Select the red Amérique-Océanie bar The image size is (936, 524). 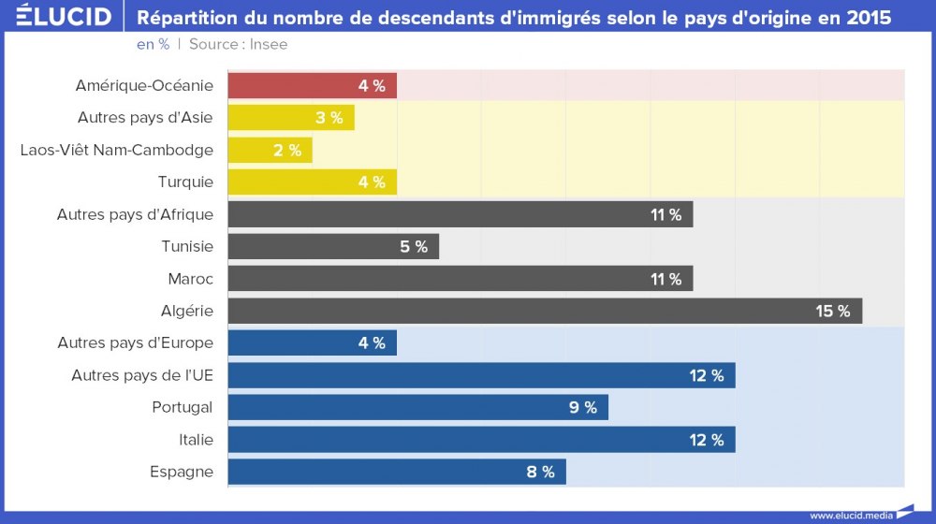(x=312, y=86)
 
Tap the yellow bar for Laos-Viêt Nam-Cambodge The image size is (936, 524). (x=270, y=150)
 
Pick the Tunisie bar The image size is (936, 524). (x=332, y=247)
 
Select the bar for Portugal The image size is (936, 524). (x=417, y=407)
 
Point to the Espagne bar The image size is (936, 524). (x=396, y=472)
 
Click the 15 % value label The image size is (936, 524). (x=832, y=312)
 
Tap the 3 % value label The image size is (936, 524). (x=329, y=118)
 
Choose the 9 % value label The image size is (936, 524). (x=583, y=408)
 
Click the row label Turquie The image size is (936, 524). (x=185, y=182)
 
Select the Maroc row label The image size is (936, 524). (x=190, y=279)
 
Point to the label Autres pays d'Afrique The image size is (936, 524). (x=135, y=214)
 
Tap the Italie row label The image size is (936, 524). (x=196, y=440)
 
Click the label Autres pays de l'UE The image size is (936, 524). (x=142, y=375)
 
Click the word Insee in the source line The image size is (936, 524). (x=269, y=44)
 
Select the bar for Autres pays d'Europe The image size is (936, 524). (x=312, y=343)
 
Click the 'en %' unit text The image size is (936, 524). (x=153, y=44)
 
